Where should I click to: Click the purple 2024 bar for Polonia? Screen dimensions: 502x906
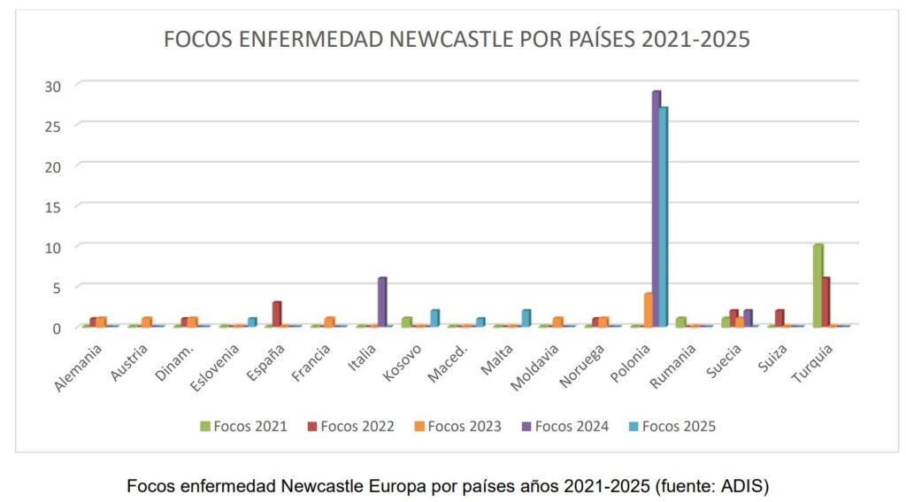(x=656, y=208)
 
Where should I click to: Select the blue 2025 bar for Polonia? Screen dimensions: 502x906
(x=664, y=217)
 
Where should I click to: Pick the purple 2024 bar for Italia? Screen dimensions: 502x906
(x=382, y=302)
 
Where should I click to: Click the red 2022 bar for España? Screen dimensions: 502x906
(x=277, y=313)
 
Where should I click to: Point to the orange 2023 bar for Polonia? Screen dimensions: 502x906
(x=648, y=309)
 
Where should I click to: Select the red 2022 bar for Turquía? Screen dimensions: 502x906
(x=826, y=301)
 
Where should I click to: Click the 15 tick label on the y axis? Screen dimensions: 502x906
(x=54, y=206)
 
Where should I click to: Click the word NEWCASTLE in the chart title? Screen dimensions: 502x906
(x=454, y=40)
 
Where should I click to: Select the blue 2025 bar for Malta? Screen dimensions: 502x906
(x=526, y=317)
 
